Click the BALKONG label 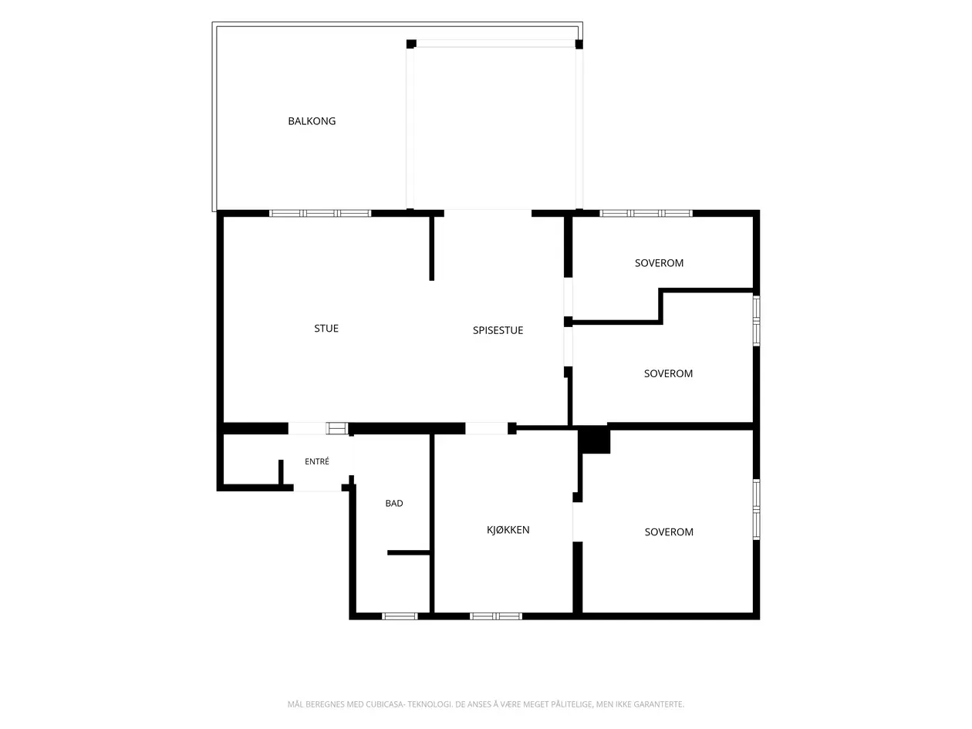coord(312,121)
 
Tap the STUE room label coord(326,328)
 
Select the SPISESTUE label coord(498,329)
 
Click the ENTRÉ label coord(316,461)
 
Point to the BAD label coord(393,503)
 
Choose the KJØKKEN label coord(508,529)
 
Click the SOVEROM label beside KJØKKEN coord(668,532)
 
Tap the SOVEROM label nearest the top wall coord(659,262)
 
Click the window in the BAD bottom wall coord(400,616)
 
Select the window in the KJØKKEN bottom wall coord(495,616)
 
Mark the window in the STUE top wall coord(319,214)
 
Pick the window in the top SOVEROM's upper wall coord(646,214)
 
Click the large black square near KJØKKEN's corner coord(594,439)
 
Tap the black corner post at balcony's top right coord(579,44)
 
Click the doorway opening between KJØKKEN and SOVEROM coord(577,521)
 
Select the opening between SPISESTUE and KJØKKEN coord(486,428)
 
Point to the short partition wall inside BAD coord(408,552)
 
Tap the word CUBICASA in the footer coord(384,704)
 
